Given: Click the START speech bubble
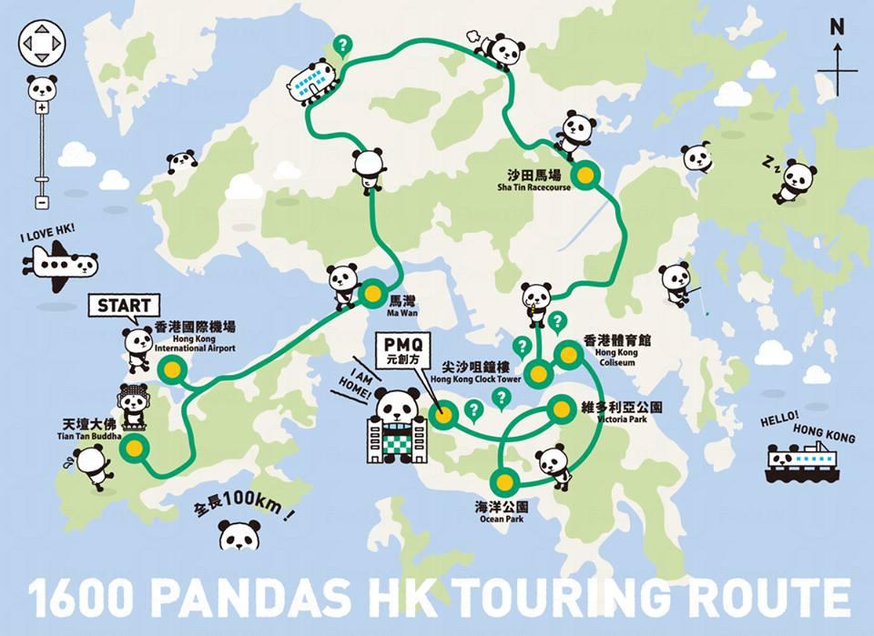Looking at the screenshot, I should tap(123, 305).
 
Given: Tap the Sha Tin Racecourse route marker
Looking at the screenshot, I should tap(583, 174).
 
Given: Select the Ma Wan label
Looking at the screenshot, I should tap(401, 303).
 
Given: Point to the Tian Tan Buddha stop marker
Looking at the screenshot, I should tap(135, 447).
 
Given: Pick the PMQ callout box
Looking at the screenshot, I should tap(401, 349).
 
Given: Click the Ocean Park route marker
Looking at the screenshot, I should tap(503, 480).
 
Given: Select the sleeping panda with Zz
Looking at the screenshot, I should tap(795, 179).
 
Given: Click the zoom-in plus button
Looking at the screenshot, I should tap(42, 108).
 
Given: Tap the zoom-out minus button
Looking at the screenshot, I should tap(42, 202).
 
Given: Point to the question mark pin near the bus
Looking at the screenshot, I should tap(342, 44).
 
